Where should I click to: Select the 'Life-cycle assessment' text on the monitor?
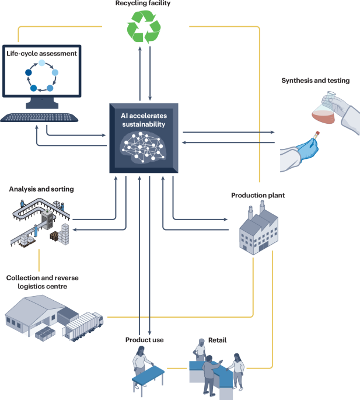point(41,54)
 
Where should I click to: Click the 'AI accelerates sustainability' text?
point(144,120)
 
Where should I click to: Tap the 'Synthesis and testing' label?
point(316,81)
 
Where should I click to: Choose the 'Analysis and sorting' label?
point(41,189)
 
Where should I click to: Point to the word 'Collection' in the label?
point(22,278)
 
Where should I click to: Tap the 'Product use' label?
point(144,340)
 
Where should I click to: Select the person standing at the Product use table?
point(140,362)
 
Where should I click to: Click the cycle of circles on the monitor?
point(41,77)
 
